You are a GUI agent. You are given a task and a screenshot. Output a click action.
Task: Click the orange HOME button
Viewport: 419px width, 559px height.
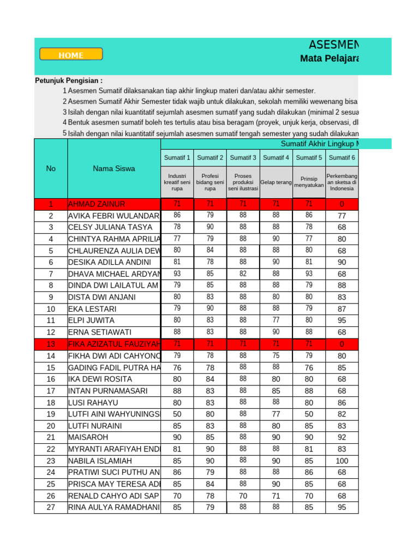[71, 55]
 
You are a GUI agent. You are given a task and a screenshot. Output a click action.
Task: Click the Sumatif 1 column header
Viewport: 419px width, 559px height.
[177, 158]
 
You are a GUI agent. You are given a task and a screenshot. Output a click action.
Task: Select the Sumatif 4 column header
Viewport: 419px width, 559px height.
[276, 158]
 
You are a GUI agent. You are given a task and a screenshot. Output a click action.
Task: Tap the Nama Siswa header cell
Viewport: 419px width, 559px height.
[114, 169]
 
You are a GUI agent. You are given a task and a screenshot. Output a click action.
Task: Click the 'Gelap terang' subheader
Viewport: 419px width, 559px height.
[276, 182]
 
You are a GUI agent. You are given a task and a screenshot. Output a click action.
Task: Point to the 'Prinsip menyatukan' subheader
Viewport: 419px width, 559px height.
[309, 182]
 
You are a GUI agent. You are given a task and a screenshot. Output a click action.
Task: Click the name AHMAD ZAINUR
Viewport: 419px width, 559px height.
[97, 204]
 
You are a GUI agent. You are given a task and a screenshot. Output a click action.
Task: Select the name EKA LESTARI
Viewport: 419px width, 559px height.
[92, 309]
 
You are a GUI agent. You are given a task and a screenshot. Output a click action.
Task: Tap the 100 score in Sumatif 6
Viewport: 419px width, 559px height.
[342, 461]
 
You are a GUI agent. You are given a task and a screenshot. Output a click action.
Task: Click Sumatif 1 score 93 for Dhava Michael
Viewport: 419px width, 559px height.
[177, 273]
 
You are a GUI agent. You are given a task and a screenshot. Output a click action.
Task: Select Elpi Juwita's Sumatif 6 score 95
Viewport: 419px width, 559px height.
[342, 320]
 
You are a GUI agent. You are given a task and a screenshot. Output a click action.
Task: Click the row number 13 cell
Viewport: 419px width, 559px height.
[51, 344]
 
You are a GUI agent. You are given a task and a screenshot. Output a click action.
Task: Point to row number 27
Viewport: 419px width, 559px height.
[51, 507]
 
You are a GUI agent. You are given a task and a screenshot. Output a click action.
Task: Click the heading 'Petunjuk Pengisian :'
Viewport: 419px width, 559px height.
[69, 81]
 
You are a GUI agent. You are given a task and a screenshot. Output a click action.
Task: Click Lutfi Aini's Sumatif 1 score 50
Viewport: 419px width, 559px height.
[177, 414]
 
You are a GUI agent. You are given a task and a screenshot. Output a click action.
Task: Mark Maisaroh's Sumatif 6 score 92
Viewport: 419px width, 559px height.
[342, 437]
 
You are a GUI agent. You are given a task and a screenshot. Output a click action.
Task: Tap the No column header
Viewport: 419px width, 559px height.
[51, 169]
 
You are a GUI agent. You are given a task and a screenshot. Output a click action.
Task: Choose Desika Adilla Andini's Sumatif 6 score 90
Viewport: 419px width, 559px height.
[342, 262]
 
